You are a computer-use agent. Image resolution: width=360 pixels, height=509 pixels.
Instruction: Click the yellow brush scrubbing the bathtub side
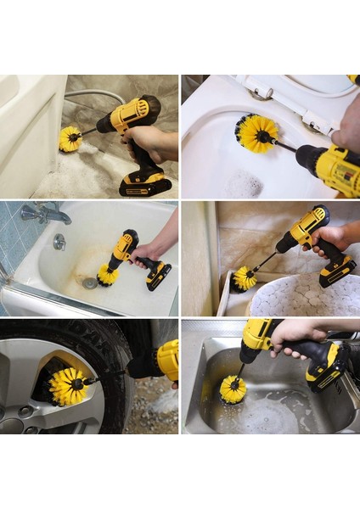click(x=70, y=138)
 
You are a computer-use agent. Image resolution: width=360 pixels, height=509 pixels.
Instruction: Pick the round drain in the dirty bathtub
click(x=88, y=282)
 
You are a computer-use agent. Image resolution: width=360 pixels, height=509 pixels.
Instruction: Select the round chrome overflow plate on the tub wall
click(x=59, y=242)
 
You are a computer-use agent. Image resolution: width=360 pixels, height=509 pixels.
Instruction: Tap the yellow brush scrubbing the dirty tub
click(x=108, y=273)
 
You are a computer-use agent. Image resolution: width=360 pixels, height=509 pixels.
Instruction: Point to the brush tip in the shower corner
click(x=245, y=277)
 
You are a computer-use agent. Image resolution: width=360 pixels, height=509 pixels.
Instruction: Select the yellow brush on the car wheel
click(x=68, y=385)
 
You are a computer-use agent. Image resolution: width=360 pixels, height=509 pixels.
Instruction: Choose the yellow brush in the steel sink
click(x=233, y=389)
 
